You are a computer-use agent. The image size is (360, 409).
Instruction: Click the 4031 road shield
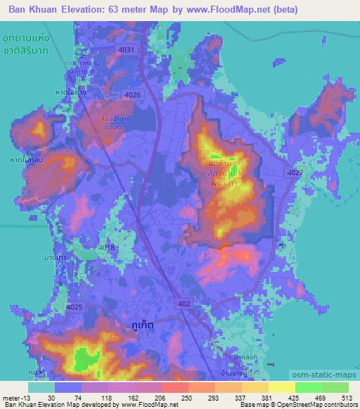tap(126, 50)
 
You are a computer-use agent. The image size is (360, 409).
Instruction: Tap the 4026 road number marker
tap(131, 95)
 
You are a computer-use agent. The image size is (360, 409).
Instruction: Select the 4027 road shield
tap(295, 173)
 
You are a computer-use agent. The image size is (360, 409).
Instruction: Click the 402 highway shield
tap(184, 303)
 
